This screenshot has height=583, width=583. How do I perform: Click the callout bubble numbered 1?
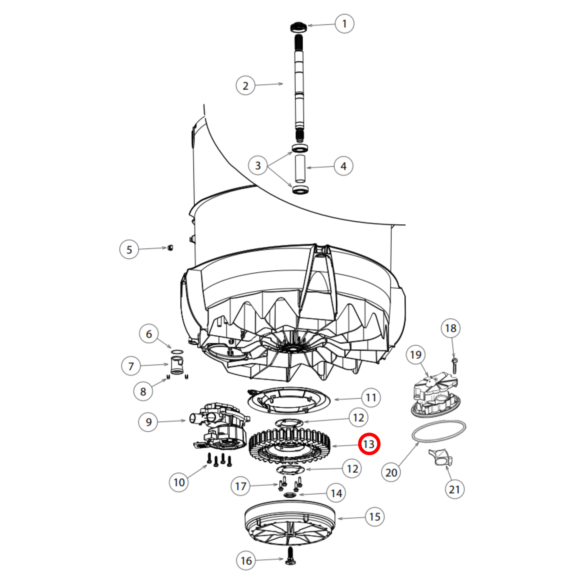[344, 24]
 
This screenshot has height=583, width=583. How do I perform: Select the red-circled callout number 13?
[369, 444]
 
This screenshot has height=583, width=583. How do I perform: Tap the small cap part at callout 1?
[299, 27]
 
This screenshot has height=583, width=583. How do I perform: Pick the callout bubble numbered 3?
[258, 165]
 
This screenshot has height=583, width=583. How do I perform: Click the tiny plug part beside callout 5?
[170, 247]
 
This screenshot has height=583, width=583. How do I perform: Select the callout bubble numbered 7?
[131, 366]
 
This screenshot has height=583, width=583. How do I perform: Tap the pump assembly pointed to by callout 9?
[220, 426]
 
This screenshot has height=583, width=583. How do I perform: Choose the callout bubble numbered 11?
[371, 398]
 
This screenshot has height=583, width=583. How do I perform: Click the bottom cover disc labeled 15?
[290, 522]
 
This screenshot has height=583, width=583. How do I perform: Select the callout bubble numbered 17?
[240, 486]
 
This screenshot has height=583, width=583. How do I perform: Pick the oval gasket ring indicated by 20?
[439, 431]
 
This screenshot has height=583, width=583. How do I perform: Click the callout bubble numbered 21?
[454, 489]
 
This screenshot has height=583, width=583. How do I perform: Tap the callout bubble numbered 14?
[336, 493]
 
